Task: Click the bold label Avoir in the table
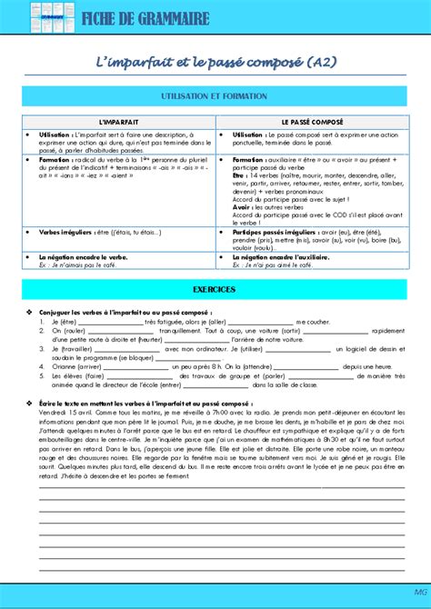pos(240,207)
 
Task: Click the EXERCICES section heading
pos(214,289)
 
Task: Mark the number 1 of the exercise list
pos(42,322)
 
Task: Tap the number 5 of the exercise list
pos(42,375)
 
